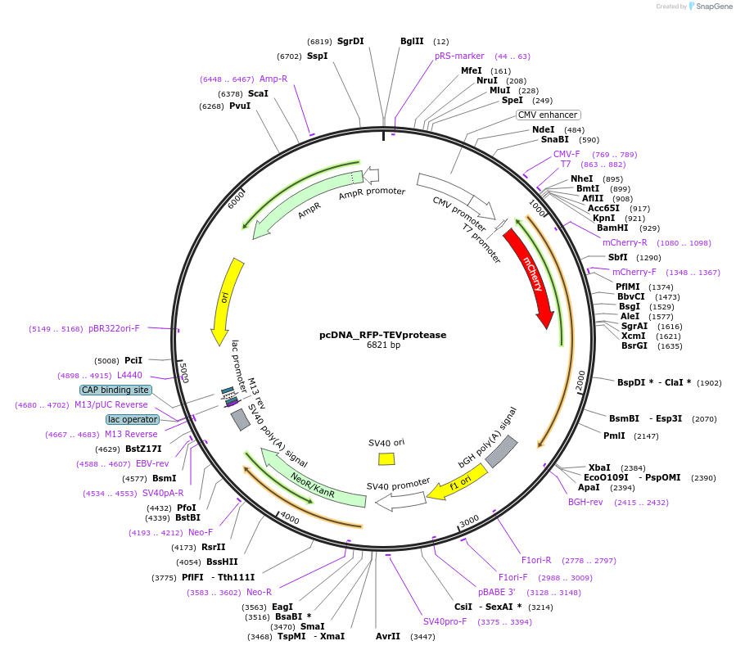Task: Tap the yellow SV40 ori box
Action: [x=386, y=458]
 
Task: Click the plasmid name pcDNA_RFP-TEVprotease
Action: [x=383, y=335]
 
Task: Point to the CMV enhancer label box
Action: [x=548, y=115]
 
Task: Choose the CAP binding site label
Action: [x=115, y=390]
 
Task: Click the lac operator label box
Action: [x=132, y=419]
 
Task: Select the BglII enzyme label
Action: [x=412, y=41]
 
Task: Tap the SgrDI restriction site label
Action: [x=350, y=41]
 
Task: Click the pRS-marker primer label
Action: [x=459, y=56]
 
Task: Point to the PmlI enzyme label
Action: [x=614, y=436]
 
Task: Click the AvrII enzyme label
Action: [x=388, y=636]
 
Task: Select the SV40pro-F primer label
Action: [x=445, y=621]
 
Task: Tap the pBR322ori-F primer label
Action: [x=114, y=328]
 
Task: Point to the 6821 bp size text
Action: [x=383, y=345]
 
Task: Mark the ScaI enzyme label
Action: [x=258, y=93]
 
